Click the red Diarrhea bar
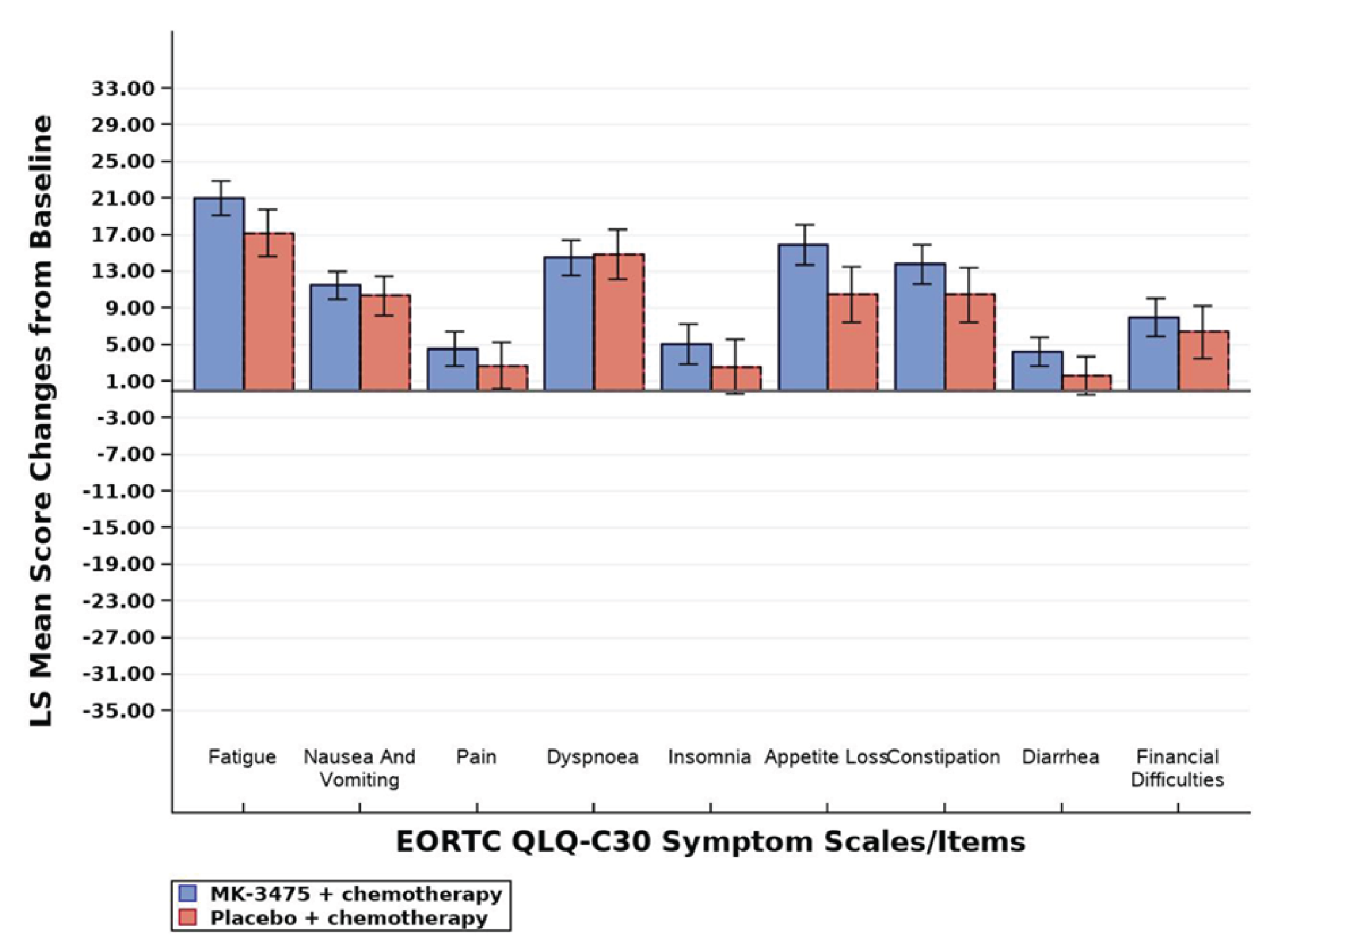pos(1087,383)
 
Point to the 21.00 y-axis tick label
pos(123,198)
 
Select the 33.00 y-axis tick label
pos(123,88)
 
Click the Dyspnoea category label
pos(592,756)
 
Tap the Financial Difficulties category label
pos(1177,768)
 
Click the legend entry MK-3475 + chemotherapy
pos(356,894)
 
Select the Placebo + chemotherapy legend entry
pos(348,918)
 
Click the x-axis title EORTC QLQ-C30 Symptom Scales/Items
pos(710,842)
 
